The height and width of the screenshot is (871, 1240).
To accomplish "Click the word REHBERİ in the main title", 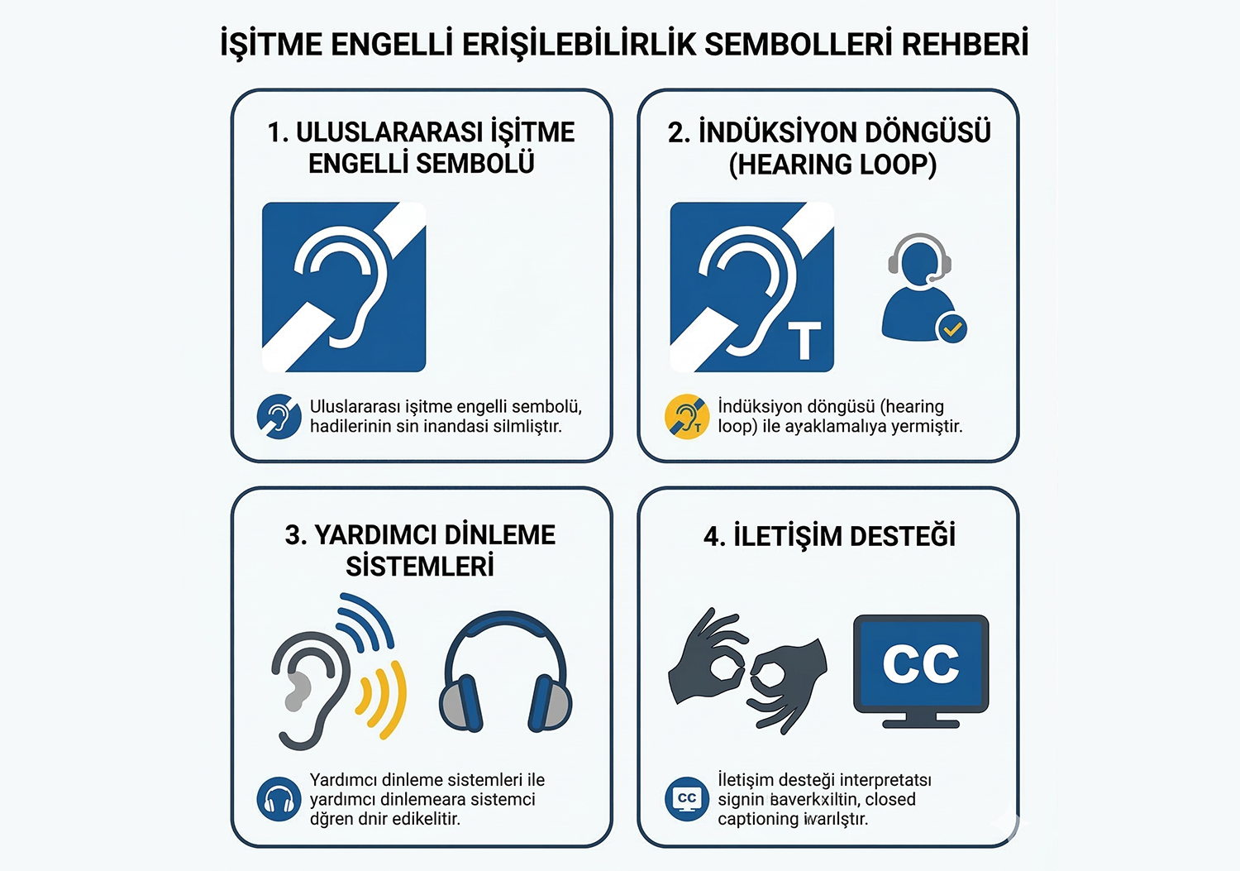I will (965, 44).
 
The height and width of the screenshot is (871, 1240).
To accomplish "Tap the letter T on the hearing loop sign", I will (804, 341).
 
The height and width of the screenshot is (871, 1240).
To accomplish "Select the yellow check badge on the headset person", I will (951, 329).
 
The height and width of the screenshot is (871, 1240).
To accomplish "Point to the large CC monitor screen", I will (921, 663).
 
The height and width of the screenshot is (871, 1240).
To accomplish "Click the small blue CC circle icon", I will (687, 799).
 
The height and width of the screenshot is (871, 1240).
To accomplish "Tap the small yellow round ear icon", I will (687, 416).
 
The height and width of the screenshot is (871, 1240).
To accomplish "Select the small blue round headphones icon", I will (279, 799).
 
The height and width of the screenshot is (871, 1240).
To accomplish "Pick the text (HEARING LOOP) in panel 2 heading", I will (832, 165).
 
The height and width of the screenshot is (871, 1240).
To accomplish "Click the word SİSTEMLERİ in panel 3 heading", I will (420, 567).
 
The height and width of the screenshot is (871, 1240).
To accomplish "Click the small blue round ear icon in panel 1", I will (279, 416).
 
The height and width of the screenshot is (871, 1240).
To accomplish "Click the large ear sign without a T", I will (344, 287).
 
